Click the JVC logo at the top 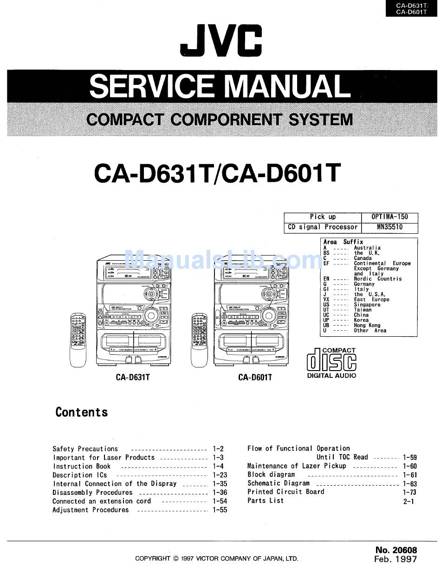[221, 41]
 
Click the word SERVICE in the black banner [151, 86]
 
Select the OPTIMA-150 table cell [389, 217]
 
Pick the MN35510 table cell [389, 227]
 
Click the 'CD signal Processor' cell [323, 227]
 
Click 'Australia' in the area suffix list [367, 248]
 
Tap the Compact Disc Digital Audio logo [331, 363]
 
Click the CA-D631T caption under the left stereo [133, 378]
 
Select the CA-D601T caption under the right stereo [255, 378]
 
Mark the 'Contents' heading [82, 412]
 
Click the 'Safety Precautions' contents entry [85, 449]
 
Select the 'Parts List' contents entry [266, 501]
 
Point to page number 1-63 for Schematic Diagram [410, 484]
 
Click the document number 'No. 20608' [396, 550]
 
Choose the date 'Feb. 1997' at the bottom [396, 559]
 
